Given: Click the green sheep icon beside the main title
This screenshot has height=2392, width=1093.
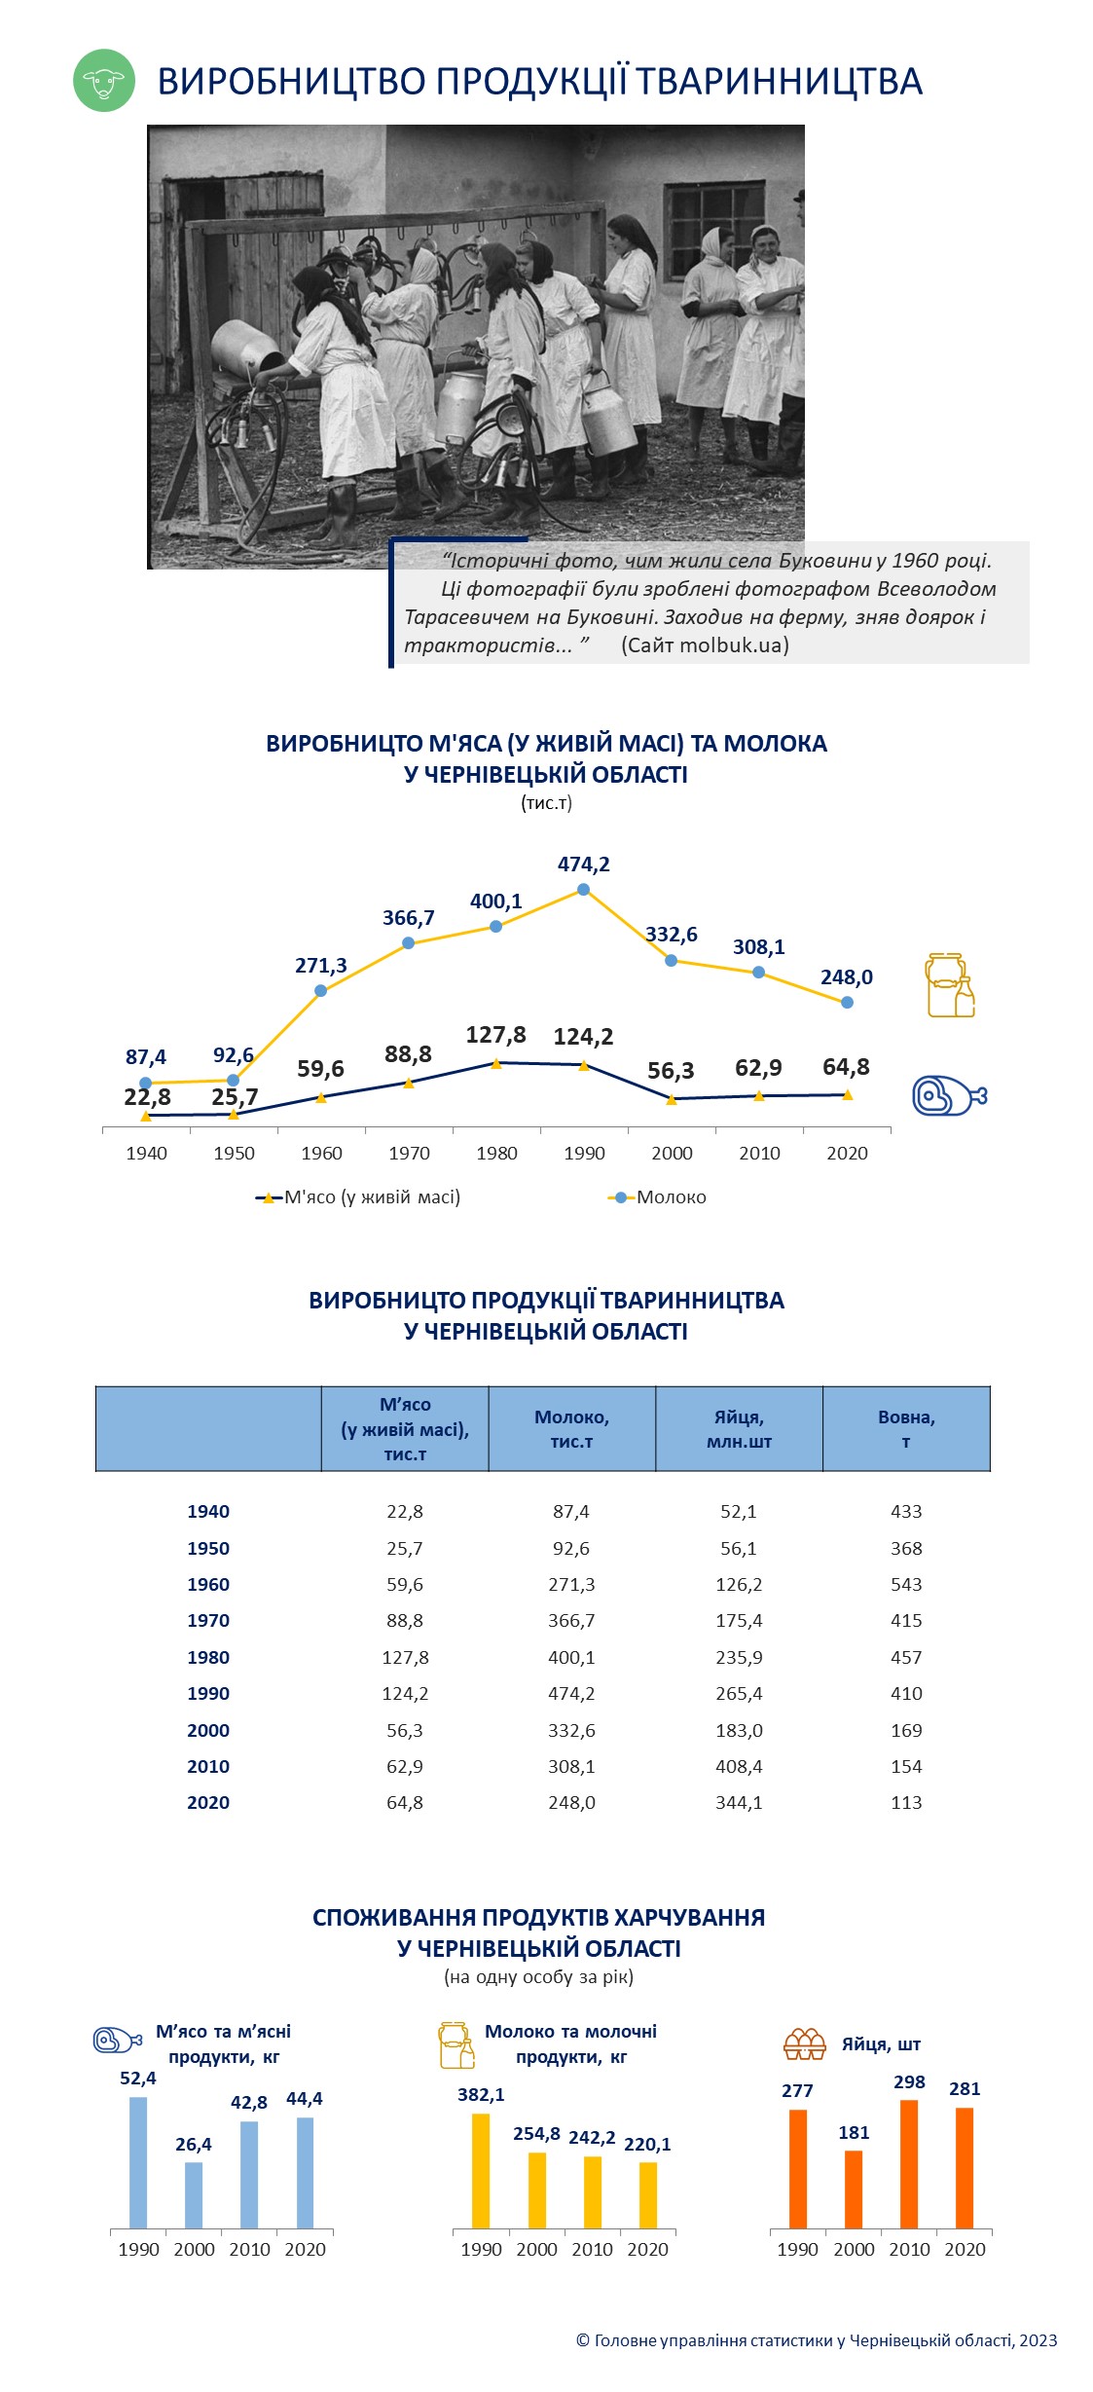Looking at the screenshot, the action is tap(104, 81).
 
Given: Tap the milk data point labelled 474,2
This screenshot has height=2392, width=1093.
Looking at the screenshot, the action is tap(583, 889).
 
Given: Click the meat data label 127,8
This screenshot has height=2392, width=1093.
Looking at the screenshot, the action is tap(495, 1035).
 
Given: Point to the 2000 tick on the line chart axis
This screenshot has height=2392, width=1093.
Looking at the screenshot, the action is tap(672, 1154).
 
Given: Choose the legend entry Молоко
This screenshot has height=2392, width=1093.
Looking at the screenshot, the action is tap(658, 1197).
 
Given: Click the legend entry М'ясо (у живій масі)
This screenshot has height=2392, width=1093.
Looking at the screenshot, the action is tap(358, 1197).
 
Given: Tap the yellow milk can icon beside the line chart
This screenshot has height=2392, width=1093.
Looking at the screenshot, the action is tap(949, 985).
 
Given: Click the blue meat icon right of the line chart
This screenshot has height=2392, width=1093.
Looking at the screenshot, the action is tap(949, 1096).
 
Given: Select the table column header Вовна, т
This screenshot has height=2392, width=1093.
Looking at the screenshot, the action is tap(906, 1429).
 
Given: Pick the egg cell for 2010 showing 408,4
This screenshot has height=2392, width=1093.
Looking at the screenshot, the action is tap(739, 1766).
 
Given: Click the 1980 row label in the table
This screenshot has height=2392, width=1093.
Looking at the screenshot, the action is tap(208, 1657).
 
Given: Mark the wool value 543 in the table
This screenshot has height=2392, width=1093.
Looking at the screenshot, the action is tap(906, 1584).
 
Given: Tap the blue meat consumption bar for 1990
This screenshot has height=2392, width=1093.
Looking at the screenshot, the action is tap(138, 2162).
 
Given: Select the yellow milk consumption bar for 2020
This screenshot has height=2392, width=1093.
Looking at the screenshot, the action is tap(648, 2195).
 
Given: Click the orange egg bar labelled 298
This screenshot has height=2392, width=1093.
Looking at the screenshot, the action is tap(909, 2164).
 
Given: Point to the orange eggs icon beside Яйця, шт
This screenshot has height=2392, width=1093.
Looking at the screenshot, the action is tap(805, 2043).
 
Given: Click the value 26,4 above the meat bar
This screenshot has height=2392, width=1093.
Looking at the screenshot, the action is tap(194, 2144).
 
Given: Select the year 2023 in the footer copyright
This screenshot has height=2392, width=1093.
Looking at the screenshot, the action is tap(1038, 2340).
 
